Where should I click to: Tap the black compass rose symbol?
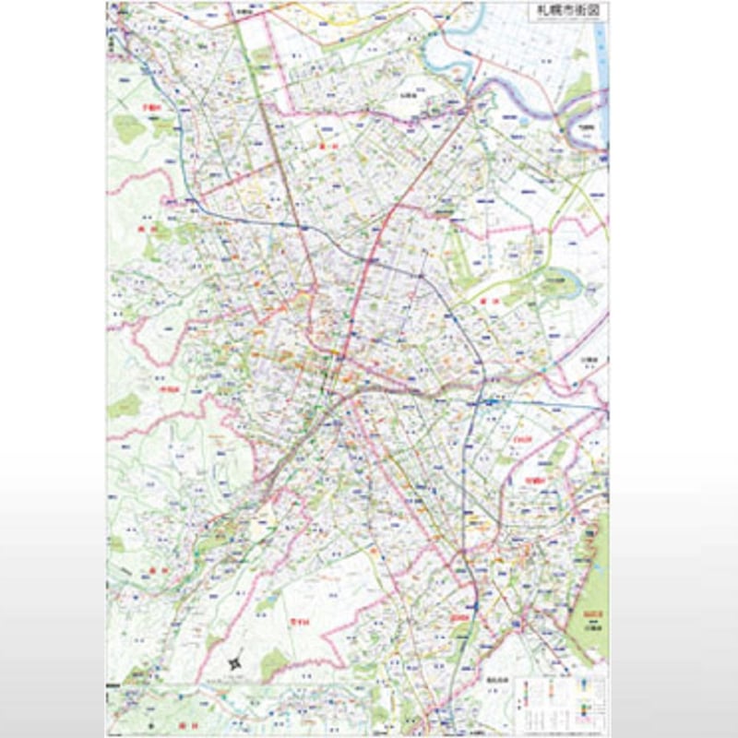point(234,661)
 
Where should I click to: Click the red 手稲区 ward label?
point(147,108)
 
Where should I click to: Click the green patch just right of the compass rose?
point(274,661)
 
